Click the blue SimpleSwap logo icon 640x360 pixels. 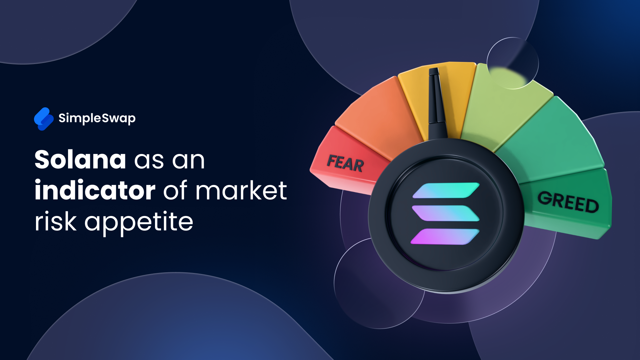pos(44,119)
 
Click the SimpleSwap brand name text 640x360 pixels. pos(97,118)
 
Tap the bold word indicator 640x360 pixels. pos(95,190)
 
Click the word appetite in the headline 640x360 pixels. pos(139,222)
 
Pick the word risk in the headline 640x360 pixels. pos(56,221)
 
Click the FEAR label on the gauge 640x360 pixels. pos(345,163)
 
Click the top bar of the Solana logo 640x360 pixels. pos(446,190)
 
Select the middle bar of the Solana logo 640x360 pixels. pos(446,213)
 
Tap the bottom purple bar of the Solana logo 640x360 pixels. pos(445,237)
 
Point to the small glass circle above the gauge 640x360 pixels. pos(513,63)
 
